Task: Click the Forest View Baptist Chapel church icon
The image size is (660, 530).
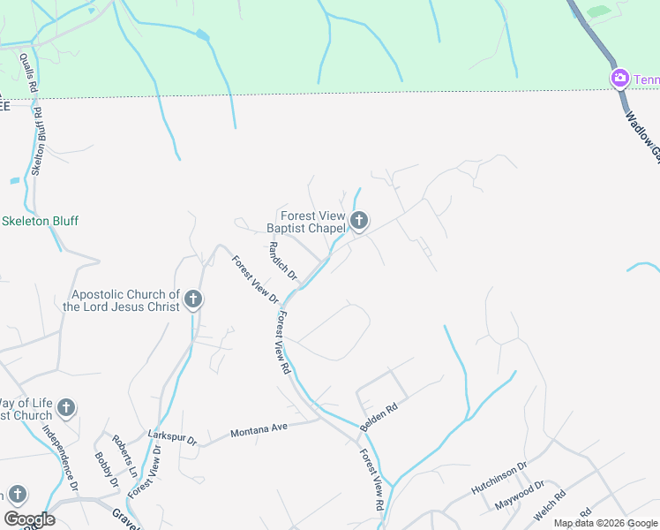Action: [358, 221]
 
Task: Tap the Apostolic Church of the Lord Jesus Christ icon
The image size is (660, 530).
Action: [193, 300]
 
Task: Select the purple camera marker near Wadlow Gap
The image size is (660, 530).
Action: [620, 79]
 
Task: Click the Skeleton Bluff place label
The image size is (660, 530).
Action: [40, 221]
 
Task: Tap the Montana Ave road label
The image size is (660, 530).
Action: [259, 430]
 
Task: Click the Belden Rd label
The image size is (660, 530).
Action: [379, 418]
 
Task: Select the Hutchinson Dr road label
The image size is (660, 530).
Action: [499, 474]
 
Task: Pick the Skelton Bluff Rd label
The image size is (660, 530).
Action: [38, 140]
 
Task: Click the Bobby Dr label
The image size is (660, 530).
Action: [107, 470]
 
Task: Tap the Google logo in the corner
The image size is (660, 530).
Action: [29, 519]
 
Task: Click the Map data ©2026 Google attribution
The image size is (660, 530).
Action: [605, 523]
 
